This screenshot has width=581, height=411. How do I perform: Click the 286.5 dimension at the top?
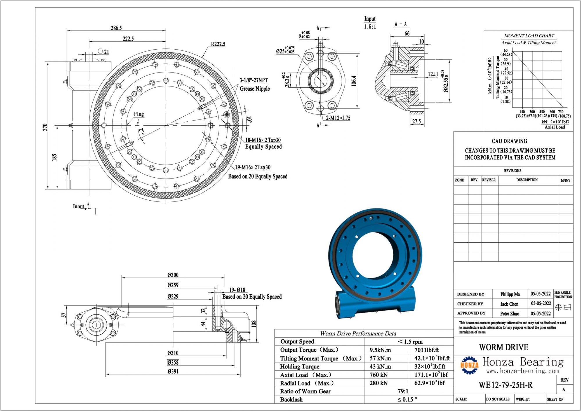point(116,28)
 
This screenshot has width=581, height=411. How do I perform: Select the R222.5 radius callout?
point(218,44)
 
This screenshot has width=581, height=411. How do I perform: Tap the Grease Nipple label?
point(254,89)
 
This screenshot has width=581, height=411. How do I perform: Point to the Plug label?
point(139,114)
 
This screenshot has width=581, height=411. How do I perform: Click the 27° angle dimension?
point(141,131)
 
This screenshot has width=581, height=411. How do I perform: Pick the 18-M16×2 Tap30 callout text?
point(263,140)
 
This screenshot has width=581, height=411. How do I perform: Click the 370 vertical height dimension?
point(45,127)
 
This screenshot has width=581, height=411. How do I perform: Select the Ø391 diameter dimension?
point(173,371)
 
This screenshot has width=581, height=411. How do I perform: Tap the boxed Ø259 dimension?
point(173,285)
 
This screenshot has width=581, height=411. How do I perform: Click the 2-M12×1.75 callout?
point(338,118)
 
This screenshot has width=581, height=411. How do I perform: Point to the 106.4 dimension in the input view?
point(354,81)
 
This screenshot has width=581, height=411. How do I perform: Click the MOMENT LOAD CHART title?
point(529,36)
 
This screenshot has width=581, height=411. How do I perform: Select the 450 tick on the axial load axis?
point(542,112)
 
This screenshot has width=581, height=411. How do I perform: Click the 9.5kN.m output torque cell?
point(380,350)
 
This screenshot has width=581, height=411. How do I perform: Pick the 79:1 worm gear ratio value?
point(403,391)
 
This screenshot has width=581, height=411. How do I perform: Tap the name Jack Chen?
point(509,304)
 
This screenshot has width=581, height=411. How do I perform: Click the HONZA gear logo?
point(469,365)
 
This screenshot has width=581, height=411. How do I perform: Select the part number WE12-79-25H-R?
point(505,385)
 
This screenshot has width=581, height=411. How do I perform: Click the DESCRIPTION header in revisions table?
point(527,180)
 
